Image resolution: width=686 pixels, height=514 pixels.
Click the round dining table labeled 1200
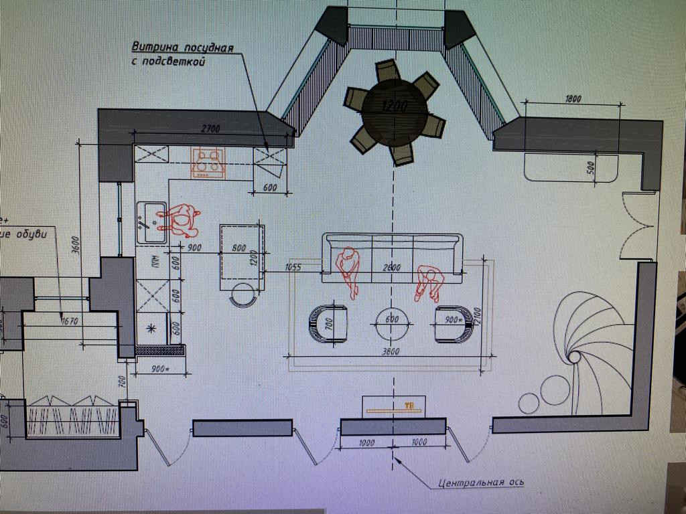click(x=395, y=110)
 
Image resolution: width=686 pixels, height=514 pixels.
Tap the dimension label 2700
click(x=210, y=128)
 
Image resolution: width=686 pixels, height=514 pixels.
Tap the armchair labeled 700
click(x=328, y=323)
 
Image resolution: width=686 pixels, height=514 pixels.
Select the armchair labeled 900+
click(x=454, y=323)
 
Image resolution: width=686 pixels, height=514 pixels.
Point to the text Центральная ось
click(x=481, y=482)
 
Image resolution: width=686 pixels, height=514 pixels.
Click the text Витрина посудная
click(x=182, y=48)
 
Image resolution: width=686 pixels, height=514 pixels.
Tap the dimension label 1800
click(x=573, y=99)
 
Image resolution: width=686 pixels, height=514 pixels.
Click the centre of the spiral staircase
click(x=573, y=357)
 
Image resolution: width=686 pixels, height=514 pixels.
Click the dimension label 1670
click(x=69, y=321)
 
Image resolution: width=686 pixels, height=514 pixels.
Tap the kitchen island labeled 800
click(x=240, y=254)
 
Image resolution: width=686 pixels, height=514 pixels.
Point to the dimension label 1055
click(x=292, y=267)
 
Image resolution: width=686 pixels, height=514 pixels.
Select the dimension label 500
click(x=591, y=167)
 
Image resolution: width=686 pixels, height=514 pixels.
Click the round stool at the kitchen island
click(x=243, y=294)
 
